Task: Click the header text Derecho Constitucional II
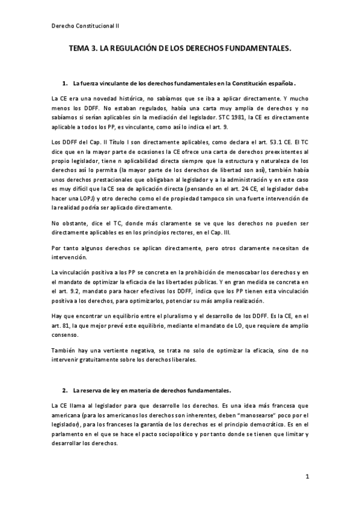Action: [85, 26]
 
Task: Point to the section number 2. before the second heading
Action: [66, 390]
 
